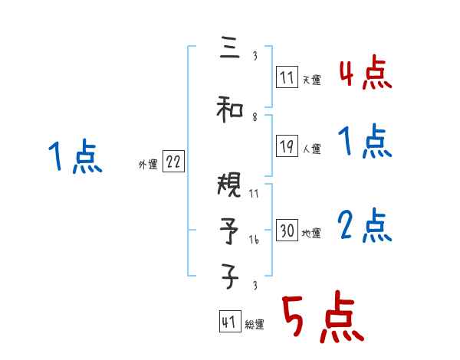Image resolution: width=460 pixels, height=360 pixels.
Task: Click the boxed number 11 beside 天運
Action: (287, 77)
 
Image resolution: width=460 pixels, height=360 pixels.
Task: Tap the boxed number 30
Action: (287, 231)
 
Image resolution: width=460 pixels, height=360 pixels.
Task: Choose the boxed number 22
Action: (173, 162)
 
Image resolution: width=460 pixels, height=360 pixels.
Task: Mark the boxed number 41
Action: (229, 322)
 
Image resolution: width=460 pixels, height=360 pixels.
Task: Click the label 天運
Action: (311, 80)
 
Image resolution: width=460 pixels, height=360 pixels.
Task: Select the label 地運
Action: (311, 234)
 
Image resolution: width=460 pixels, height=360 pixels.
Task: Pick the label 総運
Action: (255, 325)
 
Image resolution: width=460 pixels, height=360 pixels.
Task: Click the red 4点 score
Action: (365, 75)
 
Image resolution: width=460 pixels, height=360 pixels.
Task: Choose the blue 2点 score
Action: (365, 227)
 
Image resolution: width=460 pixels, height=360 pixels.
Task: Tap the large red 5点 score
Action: (320, 318)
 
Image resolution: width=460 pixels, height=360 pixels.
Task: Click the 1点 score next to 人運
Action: (365, 142)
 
